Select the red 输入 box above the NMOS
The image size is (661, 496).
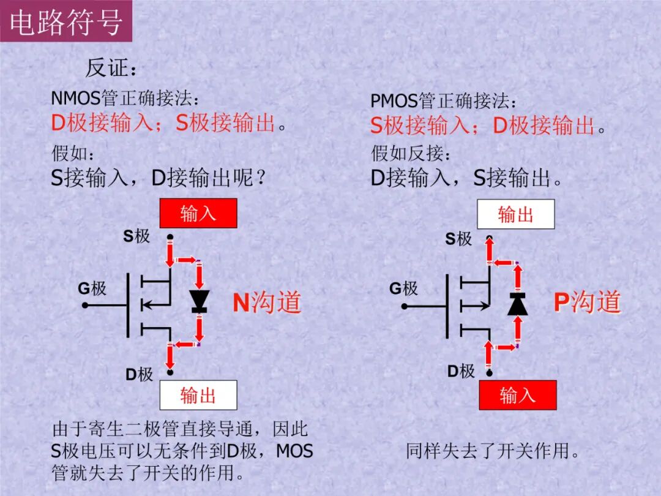coord(198,213)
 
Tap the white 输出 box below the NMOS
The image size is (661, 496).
coord(198,395)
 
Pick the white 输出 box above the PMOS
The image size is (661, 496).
coord(515,214)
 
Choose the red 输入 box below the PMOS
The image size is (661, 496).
coord(517,395)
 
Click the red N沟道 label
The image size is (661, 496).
coord(267,302)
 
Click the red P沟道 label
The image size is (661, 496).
coord(587,302)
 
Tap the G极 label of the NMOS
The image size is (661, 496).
coord(92,288)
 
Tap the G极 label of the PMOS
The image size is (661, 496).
coord(403,288)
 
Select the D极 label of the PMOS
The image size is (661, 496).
coord(461,371)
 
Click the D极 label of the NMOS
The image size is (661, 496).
coord(139,374)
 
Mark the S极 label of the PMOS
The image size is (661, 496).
coord(458,239)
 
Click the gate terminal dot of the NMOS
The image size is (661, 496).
coord(86,305)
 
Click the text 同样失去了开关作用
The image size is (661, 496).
coord(493,452)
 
